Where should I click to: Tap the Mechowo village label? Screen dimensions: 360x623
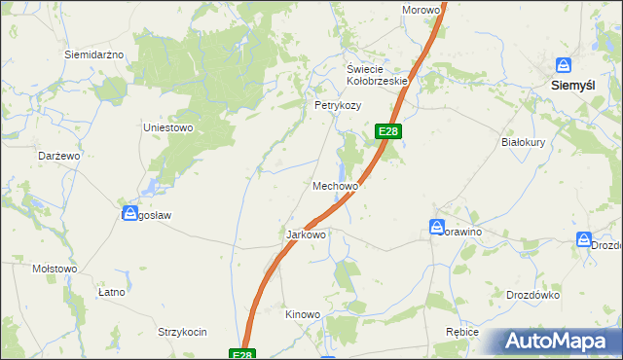pyautogui.click(x=337, y=185)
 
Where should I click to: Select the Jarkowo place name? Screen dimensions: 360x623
pyautogui.click(x=305, y=234)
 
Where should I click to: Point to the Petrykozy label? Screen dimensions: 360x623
pyautogui.click(x=337, y=105)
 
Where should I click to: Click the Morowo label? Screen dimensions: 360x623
pyautogui.click(x=421, y=10)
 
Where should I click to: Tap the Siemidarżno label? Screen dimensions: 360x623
pyautogui.click(x=94, y=54)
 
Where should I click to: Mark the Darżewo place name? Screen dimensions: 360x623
pyautogui.click(x=58, y=156)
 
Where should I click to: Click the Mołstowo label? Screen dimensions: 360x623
pyautogui.click(x=55, y=269)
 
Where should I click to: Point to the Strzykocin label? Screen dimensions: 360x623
pyautogui.click(x=183, y=332)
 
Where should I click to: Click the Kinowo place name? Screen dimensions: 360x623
pyautogui.click(x=302, y=314)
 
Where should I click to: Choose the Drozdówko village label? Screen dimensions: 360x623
pyautogui.click(x=531, y=295)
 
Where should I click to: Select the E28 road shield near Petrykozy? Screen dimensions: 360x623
pyautogui.click(x=387, y=131)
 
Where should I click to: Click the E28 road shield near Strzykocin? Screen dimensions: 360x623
pyautogui.click(x=243, y=354)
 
